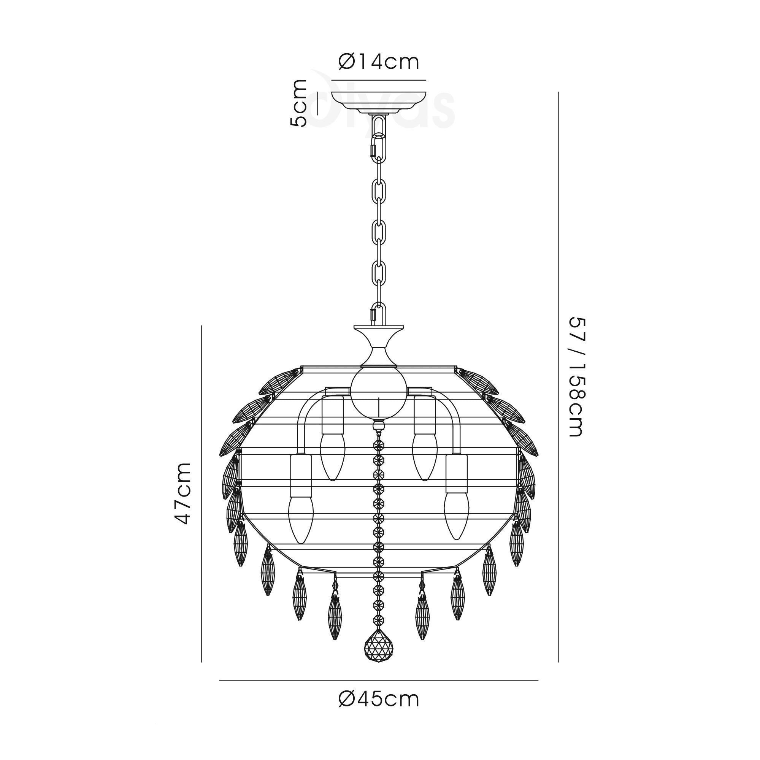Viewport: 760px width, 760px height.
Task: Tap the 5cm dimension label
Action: click(x=298, y=103)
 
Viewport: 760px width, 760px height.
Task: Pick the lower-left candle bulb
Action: click(x=301, y=520)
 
